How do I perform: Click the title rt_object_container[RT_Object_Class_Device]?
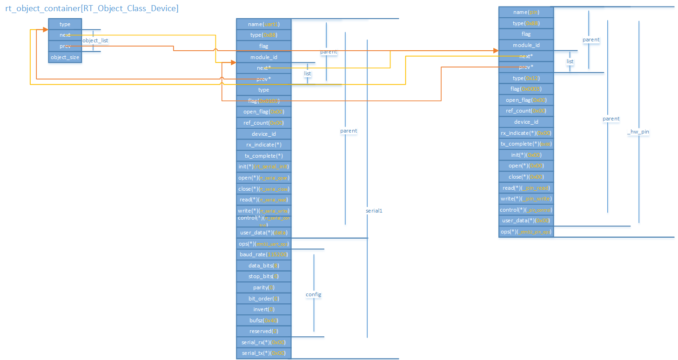92,8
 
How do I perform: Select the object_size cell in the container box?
65,57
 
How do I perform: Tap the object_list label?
95,40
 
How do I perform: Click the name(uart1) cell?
264,24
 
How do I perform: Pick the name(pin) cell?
526,12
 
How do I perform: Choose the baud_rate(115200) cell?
264,254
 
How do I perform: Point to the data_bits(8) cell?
264,265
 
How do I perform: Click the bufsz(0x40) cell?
264,320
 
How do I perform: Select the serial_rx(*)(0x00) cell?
264,342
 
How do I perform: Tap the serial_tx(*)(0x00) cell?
264,353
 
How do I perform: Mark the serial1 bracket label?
374,211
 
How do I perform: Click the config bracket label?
313,294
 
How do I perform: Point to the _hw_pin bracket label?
638,132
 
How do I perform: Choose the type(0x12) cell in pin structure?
526,78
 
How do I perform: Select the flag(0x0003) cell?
526,89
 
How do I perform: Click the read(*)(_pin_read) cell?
526,187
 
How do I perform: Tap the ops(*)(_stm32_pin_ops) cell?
526,232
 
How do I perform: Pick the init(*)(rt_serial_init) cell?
264,167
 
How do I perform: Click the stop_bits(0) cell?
264,276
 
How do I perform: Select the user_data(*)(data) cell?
264,232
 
